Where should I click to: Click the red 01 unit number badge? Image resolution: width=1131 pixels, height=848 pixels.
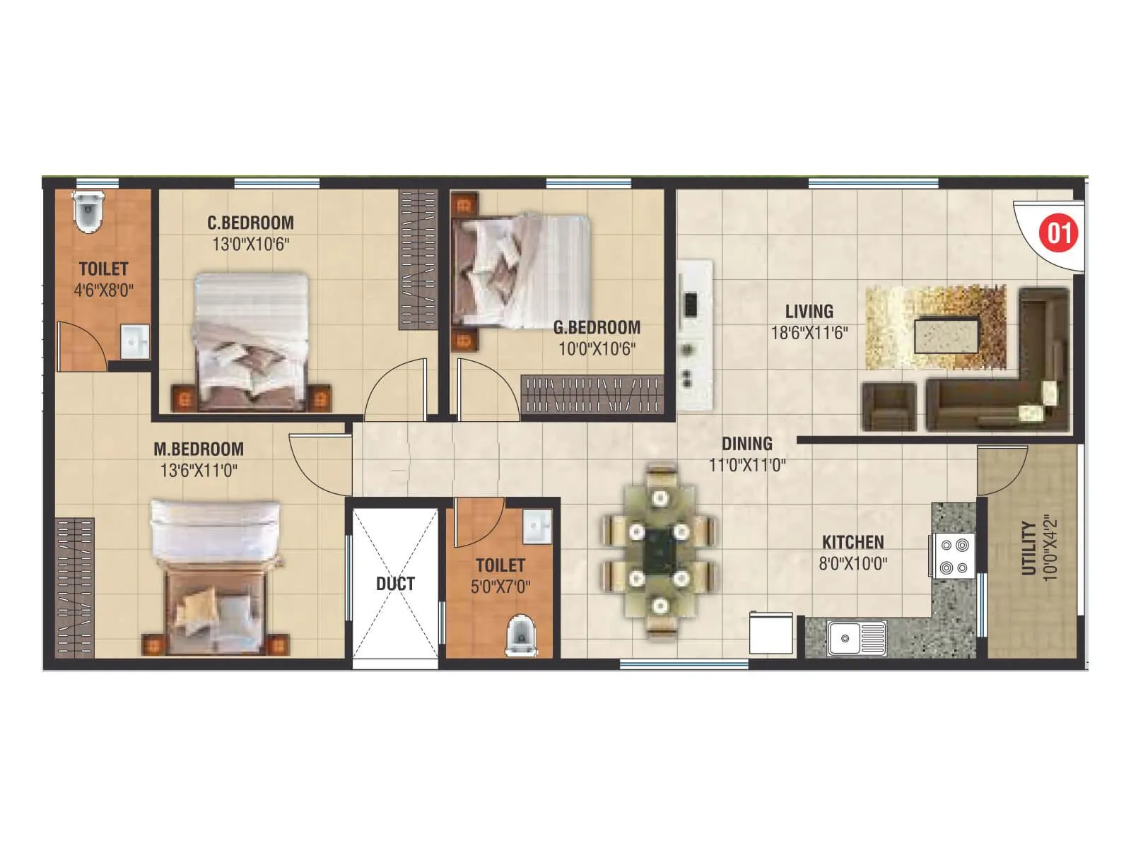(1058, 233)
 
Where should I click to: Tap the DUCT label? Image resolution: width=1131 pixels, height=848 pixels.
(395, 584)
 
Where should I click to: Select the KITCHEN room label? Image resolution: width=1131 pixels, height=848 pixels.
(852, 543)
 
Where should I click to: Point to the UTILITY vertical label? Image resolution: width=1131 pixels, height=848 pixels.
(1029, 548)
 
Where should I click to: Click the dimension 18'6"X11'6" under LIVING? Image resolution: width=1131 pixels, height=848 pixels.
(809, 333)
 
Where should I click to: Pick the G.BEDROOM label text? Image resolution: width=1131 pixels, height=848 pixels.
(597, 327)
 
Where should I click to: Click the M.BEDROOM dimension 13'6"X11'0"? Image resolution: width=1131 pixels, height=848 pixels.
(199, 471)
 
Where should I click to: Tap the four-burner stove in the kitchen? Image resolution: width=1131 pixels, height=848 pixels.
(954, 556)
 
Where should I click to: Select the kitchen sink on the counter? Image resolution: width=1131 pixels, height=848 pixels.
(857, 638)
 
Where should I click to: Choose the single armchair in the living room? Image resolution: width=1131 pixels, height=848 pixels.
(889, 407)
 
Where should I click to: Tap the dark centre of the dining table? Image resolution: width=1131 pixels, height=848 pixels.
(660, 553)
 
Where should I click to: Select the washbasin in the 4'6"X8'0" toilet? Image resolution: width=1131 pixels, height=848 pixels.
(134, 342)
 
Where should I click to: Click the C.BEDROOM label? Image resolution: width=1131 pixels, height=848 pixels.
(250, 223)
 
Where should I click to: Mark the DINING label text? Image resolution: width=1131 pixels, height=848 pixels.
(746, 444)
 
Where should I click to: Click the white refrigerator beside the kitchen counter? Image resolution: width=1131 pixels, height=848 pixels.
(771, 633)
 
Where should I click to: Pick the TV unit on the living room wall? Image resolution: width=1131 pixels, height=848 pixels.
(694, 336)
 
